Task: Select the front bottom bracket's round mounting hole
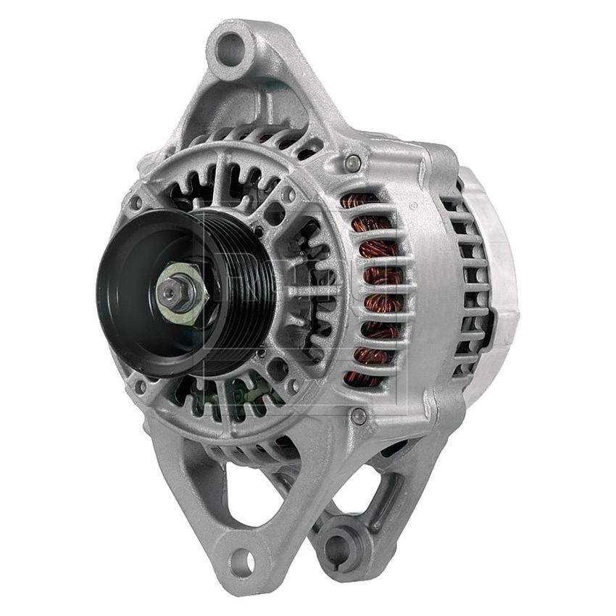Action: point(246,562)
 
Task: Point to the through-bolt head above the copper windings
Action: point(353,162)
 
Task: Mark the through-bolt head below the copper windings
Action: point(357,415)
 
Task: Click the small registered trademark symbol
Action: point(413,206)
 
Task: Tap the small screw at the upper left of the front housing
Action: point(135,201)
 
